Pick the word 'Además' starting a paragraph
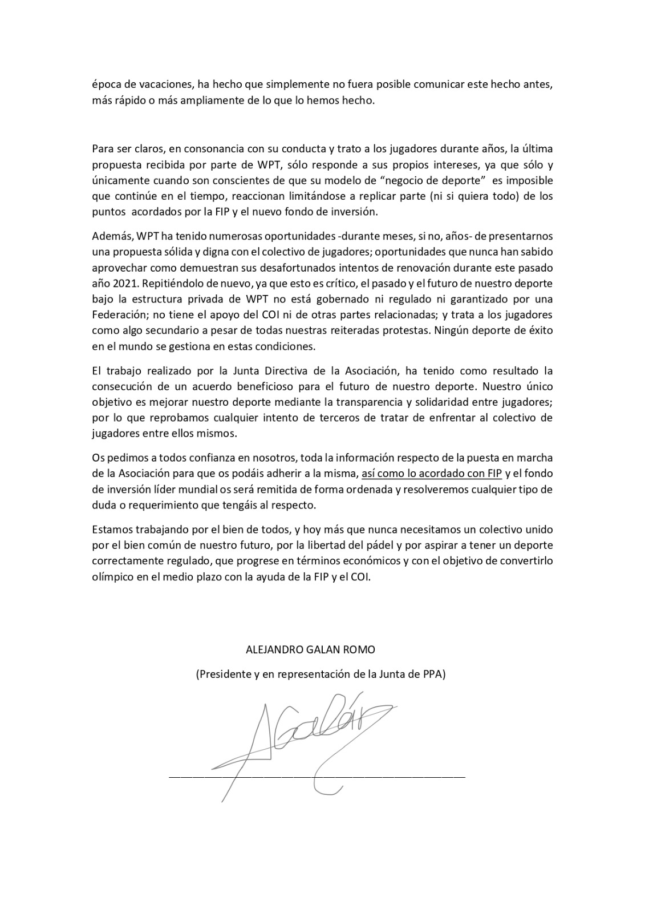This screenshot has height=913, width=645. click(109, 236)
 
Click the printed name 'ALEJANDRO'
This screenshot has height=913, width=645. click(271, 649)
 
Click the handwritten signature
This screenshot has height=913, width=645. click(308, 736)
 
